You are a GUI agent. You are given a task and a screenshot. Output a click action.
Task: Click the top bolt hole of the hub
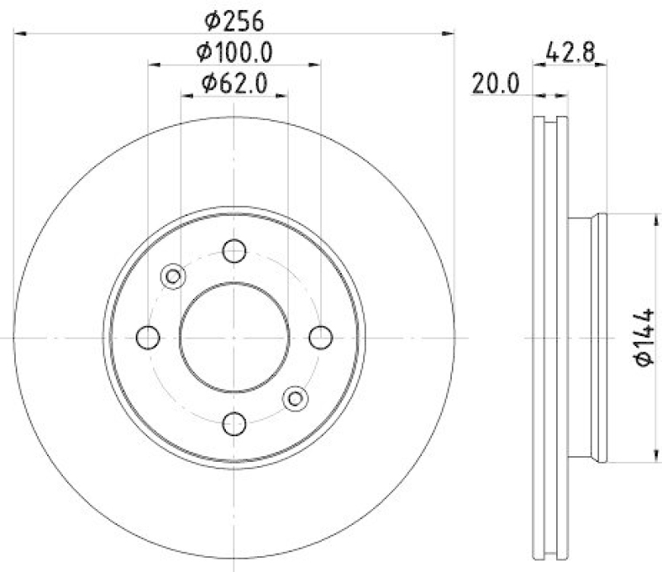tap(235, 250)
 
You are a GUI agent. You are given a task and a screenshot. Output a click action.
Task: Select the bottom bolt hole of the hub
tap(235, 424)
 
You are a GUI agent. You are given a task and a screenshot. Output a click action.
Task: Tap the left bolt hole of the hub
tap(147, 337)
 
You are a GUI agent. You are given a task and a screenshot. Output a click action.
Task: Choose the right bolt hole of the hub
tap(321, 337)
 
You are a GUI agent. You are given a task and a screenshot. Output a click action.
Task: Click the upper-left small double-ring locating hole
tap(173, 276)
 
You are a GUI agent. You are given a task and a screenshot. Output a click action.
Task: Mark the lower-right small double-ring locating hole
tap(294, 398)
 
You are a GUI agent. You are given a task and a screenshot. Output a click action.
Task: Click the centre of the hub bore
tap(234, 337)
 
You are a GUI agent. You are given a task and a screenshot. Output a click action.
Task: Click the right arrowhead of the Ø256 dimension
tap(450, 34)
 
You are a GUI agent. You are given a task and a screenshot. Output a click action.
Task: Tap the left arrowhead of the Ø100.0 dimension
tap(153, 64)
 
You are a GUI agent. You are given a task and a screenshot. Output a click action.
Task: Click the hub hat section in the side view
tap(589, 338)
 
